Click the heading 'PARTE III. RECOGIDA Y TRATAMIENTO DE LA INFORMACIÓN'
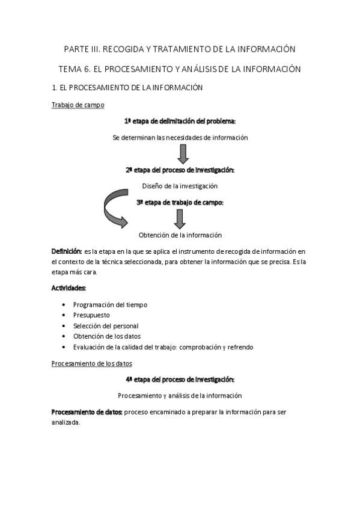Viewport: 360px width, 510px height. click(x=180, y=49)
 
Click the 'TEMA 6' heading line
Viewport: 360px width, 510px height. click(x=180, y=69)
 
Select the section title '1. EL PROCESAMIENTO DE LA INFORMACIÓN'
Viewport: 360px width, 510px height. click(x=127, y=88)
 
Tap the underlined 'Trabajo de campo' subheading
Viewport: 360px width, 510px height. click(x=78, y=105)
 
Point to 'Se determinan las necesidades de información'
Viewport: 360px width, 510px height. click(x=180, y=138)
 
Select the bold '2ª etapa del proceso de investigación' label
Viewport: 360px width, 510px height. click(x=180, y=170)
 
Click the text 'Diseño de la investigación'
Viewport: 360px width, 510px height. click(x=180, y=186)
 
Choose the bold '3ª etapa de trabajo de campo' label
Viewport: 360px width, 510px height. click(x=180, y=203)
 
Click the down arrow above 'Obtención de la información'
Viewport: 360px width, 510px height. click(x=179, y=218)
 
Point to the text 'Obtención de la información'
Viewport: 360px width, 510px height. click(x=180, y=235)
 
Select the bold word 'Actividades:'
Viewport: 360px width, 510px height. click(x=69, y=288)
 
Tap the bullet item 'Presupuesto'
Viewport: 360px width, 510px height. click(x=91, y=315)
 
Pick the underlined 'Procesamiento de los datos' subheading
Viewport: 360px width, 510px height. click(x=92, y=364)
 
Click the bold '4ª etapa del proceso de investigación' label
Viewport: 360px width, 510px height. click(x=180, y=379)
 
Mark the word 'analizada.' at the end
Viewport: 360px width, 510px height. click(x=66, y=423)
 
